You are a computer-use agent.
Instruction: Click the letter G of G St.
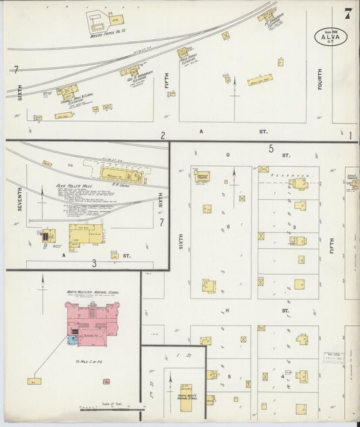tap(228, 155)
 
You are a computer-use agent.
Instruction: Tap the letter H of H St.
tap(228, 310)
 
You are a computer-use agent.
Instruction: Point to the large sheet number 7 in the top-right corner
tap(347, 13)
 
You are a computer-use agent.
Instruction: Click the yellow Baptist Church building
tap(202, 177)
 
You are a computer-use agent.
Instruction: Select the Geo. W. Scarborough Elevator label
tap(139, 77)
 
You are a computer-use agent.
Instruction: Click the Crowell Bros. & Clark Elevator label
tap(72, 100)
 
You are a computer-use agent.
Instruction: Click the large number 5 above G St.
tap(270, 149)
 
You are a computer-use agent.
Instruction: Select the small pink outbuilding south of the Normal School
tap(106, 382)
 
